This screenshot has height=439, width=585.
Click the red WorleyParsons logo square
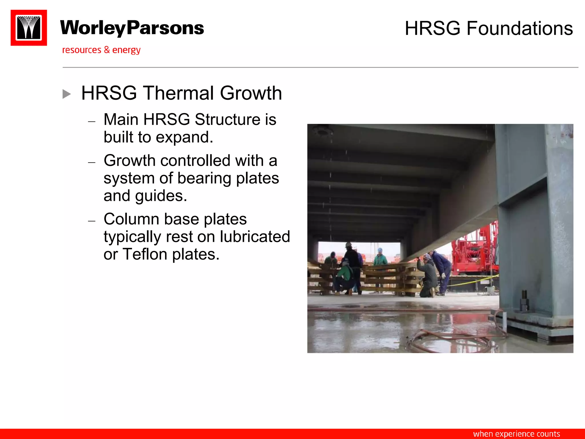(x=29, y=28)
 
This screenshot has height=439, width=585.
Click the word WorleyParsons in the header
(x=132, y=28)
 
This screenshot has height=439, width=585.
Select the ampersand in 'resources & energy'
(x=107, y=50)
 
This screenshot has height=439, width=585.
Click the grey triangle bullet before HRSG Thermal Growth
(x=67, y=94)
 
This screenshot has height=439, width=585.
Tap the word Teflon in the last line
(x=145, y=254)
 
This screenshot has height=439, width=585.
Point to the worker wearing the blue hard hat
(x=380, y=257)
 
